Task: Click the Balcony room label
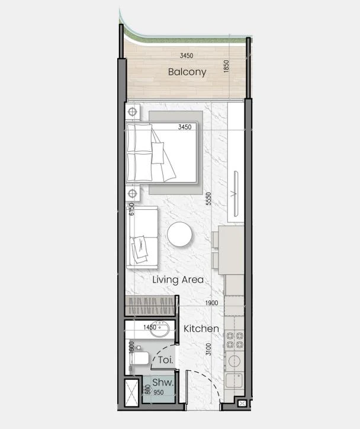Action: point(187,72)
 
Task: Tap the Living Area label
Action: point(178,280)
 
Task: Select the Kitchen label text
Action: point(201,329)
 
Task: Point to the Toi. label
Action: point(166,360)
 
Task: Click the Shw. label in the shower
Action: point(163,382)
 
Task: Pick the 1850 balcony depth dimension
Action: point(226,66)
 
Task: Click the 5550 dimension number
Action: point(208,199)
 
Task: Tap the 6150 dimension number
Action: point(132,209)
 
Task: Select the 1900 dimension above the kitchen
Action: point(211,303)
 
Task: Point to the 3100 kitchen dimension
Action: point(208,350)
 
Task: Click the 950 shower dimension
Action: point(159,392)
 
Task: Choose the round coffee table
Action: point(179,234)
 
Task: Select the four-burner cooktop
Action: point(234,340)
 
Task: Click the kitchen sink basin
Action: point(234,380)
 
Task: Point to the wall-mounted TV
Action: point(236,194)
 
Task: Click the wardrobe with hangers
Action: point(150,306)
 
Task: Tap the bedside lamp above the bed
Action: point(133,111)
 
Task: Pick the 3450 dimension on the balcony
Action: point(187,56)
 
